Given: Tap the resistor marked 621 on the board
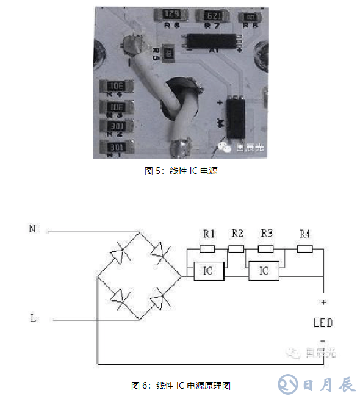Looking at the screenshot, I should pyautogui.click(x=213, y=15).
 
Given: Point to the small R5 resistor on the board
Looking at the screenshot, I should pyautogui.click(x=168, y=54).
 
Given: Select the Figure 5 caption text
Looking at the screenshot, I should pyautogui.click(x=181, y=171).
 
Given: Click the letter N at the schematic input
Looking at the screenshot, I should pyautogui.click(x=32, y=229).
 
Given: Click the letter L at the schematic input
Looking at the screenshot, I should pyautogui.click(x=32, y=318).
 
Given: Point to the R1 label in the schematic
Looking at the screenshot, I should pyautogui.click(x=209, y=234).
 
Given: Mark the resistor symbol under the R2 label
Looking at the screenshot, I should pyautogui.click(x=236, y=248).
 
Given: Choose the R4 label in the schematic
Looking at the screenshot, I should pyautogui.click(x=304, y=234).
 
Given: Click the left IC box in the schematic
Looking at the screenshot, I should pyautogui.click(x=208, y=270).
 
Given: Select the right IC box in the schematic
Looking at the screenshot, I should pyautogui.click(x=264, y=270).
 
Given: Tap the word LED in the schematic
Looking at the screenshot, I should pyautogui.click(x=323, y=322).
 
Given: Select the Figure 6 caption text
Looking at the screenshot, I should pyautogui.click(x=181, y=386).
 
